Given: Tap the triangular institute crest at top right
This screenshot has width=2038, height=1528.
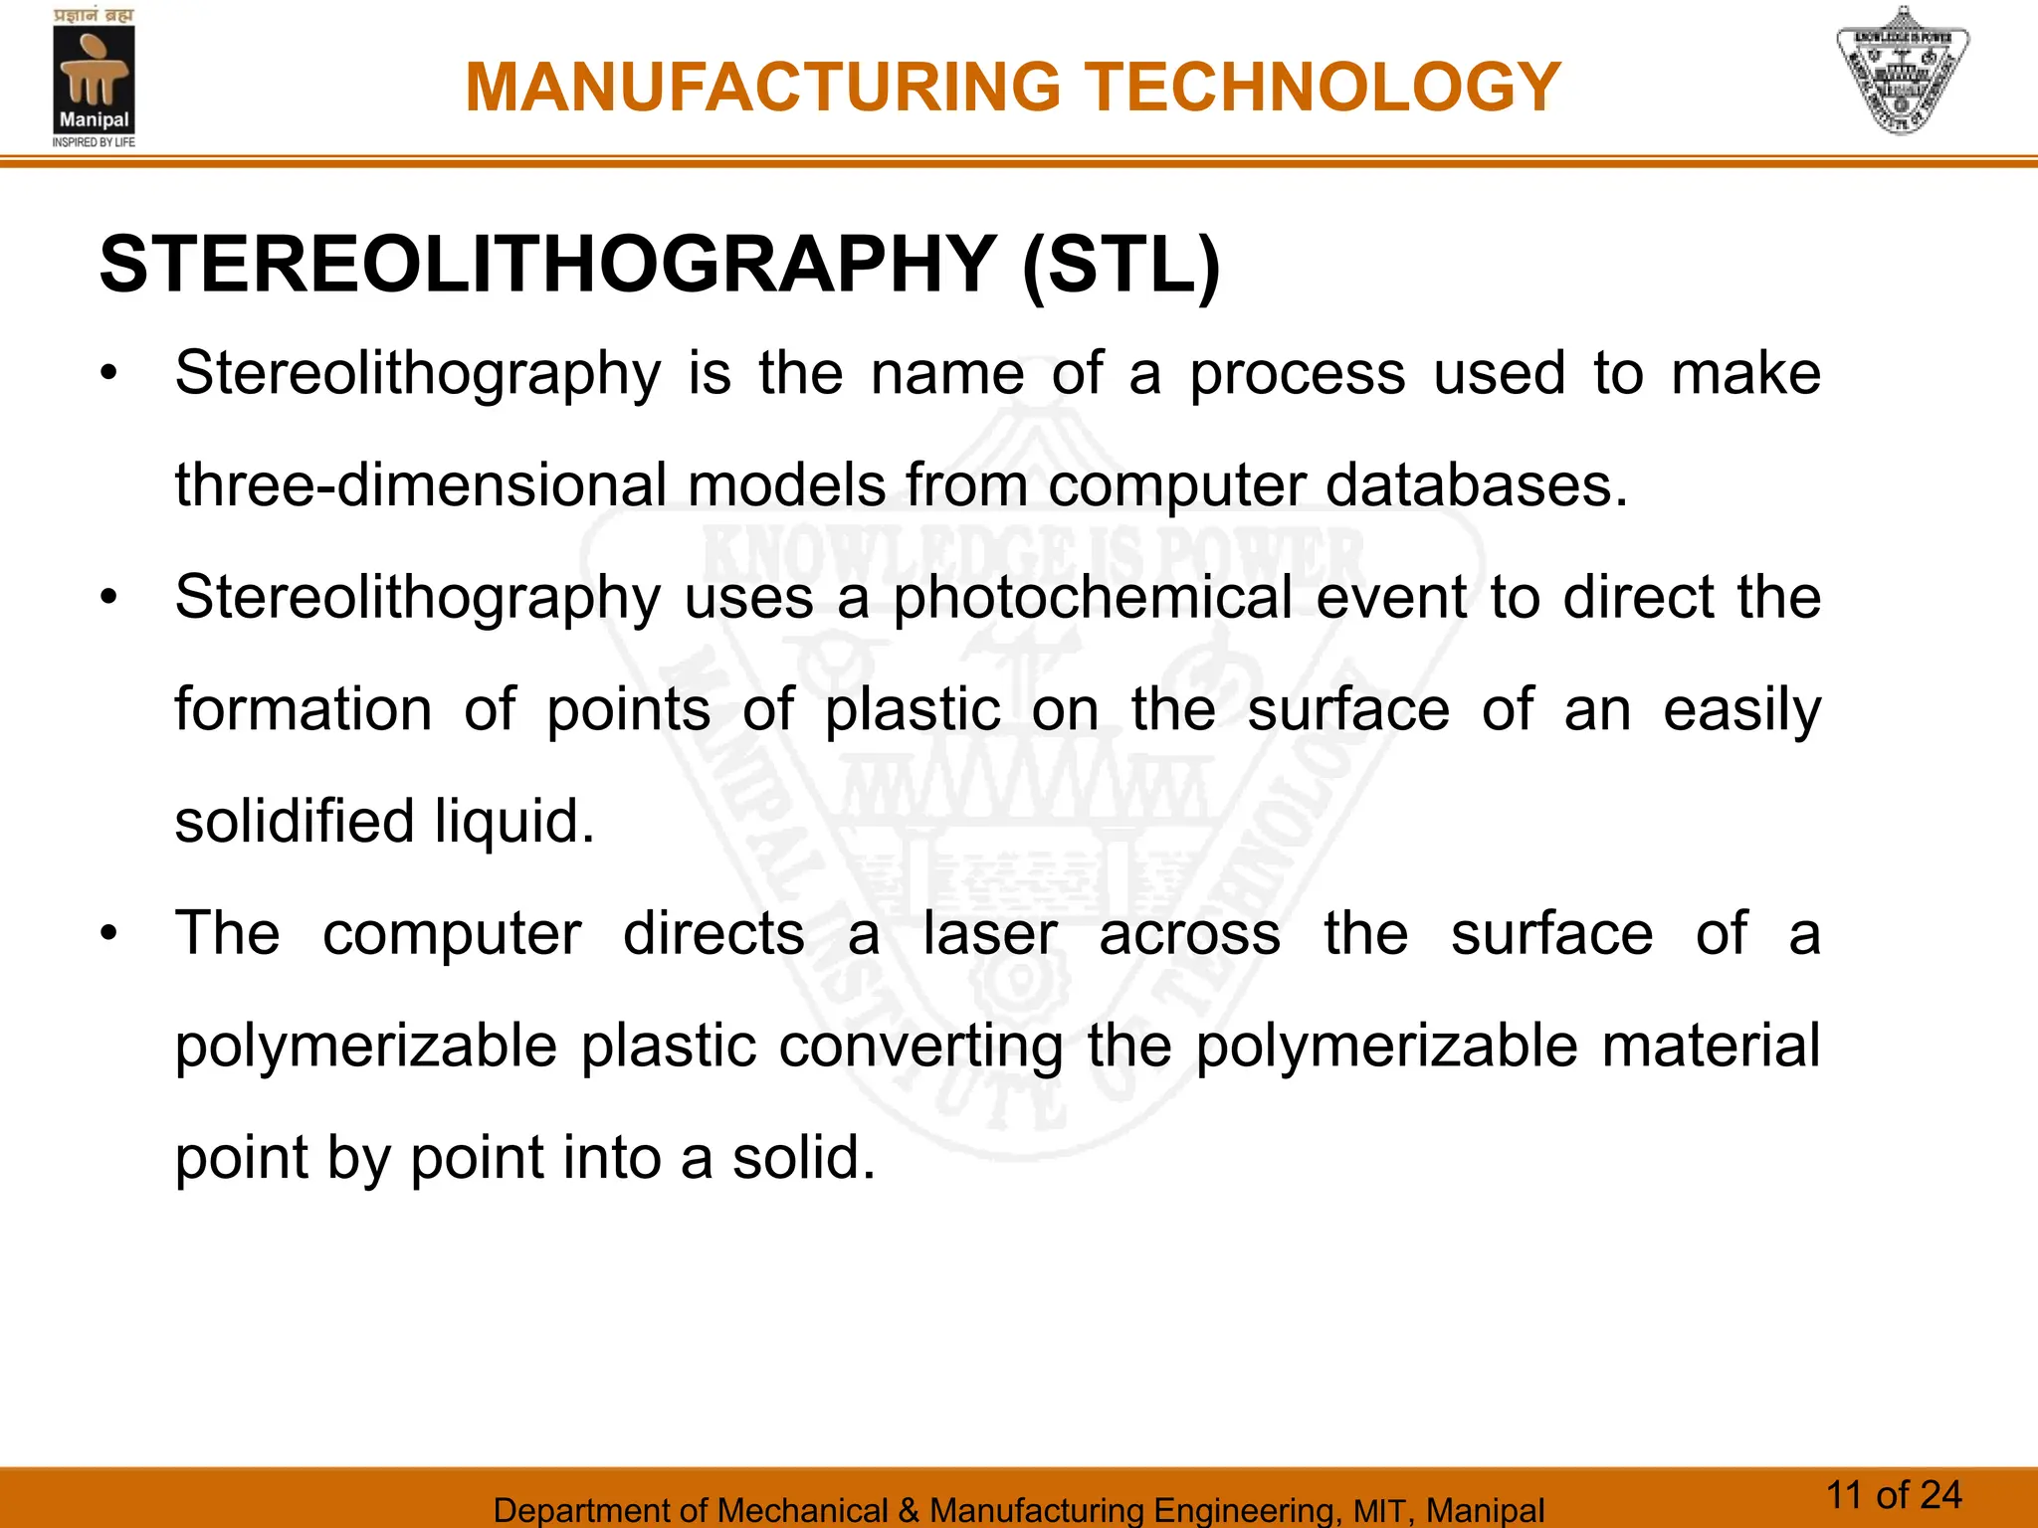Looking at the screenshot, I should [1902, 72].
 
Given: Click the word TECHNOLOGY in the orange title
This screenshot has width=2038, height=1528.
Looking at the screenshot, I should [1323, 88].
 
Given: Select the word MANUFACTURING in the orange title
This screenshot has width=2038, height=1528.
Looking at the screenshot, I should [763, 88].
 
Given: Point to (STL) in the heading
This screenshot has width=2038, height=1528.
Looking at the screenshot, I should [1121, 266].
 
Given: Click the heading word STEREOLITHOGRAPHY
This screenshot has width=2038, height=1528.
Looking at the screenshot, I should [547, 266].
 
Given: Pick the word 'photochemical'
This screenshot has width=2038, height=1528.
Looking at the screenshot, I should [1092, 599].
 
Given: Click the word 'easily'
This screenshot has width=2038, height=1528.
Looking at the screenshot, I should [1741, 711].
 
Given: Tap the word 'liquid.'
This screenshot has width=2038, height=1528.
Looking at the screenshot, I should [514, 823].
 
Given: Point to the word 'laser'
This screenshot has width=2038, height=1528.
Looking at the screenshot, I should [989, 935].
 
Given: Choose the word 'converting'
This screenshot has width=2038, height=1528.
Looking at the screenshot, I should [920, 1047].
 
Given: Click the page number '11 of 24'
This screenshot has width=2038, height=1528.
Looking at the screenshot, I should [1894, 1495].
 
